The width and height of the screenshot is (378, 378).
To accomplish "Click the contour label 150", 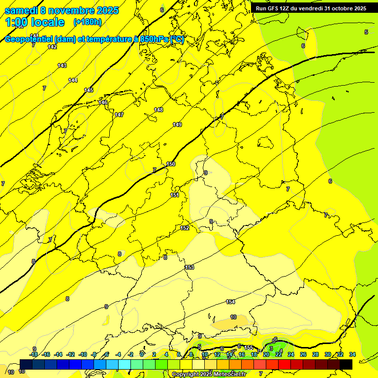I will pyautogui.click(x=171, y=164).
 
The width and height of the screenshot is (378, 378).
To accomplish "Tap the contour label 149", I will pyautogui.click(x=177, y=125).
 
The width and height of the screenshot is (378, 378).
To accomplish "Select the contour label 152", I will pyautogui.click(x=185, y=228).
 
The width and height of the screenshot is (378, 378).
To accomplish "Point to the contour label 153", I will pyautogui.click(x=189, y=267).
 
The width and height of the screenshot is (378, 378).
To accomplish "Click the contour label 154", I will pyautogui.click(x=230, y=302).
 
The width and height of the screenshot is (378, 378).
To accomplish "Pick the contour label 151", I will pyautogui.click(x=174, y=195).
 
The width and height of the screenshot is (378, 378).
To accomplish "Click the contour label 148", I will pyautogui.click(x=158, y=110).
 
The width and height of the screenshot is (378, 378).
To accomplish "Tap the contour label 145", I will pyautogui.click(x=89, y=90).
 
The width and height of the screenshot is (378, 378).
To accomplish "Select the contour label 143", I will pyautogui.click(x=62, y=65).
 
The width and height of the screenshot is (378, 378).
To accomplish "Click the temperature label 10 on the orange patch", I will pyautogui.click(x=233, y=317).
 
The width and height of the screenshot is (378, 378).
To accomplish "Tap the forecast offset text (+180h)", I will pyautogui.click(x=87, y=22).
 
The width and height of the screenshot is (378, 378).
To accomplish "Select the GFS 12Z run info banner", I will pyautogui.click(x=311, y=8).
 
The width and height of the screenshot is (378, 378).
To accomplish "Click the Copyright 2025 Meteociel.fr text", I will pyautogui.click(x=209, y=374).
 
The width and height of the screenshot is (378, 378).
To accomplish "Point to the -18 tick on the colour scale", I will pyautogui.click(x=34, y=354).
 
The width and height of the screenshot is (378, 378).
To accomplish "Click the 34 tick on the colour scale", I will pyautogui.click(x=352, y=354).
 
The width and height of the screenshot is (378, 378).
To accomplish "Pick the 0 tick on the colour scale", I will pyautogui.click(x=142, y=354).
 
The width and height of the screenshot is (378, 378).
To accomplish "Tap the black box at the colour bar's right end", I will pyautogui.click(x=346, y=364).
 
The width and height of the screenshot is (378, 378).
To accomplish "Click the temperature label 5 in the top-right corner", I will pyautogui.click(x=366, y=32).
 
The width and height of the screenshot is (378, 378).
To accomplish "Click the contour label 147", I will pyautogui.click(x=119, y=115).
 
